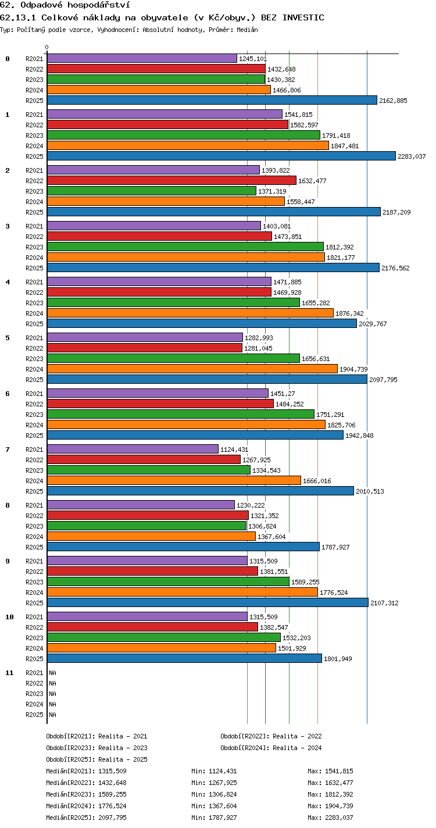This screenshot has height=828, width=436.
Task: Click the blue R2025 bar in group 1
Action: pyautogui.click(x=221, y=156)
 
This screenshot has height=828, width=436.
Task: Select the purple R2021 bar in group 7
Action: pyautogui.click(x=133, y=449)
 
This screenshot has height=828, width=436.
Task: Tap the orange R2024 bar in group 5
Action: pyautogui.click(x=192, y=369)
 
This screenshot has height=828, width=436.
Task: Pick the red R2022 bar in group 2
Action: pyautogui.click(x=172, y=180)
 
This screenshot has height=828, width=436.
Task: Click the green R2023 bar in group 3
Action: pyautogui.click(x=185, y=247)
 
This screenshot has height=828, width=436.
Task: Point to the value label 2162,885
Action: pyautogui.click(x=393, y=101)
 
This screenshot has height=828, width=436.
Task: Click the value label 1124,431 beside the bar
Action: pyautogui.click(x=234, y=449)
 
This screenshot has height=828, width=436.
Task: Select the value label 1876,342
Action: pyautogui.click(x=349, y=313)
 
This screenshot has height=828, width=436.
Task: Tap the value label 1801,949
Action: pyautogui.click(x=338, y=659)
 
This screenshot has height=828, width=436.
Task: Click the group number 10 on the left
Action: pyautogui.click(x=9, y=617)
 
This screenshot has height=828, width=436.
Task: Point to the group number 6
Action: pyautogui.click(x=8, y=394)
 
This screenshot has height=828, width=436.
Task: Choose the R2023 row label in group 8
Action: pyautogui.click(x=34, y=526)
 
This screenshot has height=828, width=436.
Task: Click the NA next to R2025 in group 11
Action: pyautogui.click(x=52, y=715)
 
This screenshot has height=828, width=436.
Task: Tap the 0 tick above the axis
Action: pyautogui.click(x=47, y=47)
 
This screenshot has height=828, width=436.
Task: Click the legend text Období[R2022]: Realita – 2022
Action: pyautogui.click(x=271, y=736)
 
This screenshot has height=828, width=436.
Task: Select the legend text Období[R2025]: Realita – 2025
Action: pyautogui.click(x=97, y=759)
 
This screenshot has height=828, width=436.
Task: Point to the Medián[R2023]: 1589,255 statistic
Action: pyautogui.click(x=86, y=794)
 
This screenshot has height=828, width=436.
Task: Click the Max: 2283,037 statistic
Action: pyautogui.click(x=330, y=818)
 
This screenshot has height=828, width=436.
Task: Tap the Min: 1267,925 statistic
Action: pyautogui.click(x=214, y=783)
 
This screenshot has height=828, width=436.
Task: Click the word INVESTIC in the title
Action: pyautogui.click(x=303, y=18)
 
